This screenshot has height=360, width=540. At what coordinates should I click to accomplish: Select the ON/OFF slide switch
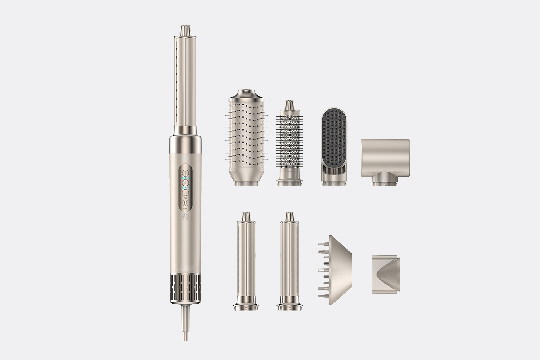(185, 203)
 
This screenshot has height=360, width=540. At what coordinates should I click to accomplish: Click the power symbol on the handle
(185, 217)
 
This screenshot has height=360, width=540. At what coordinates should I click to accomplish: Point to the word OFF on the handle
(185, 209)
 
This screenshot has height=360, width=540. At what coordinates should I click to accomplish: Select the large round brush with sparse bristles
(247, 138)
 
